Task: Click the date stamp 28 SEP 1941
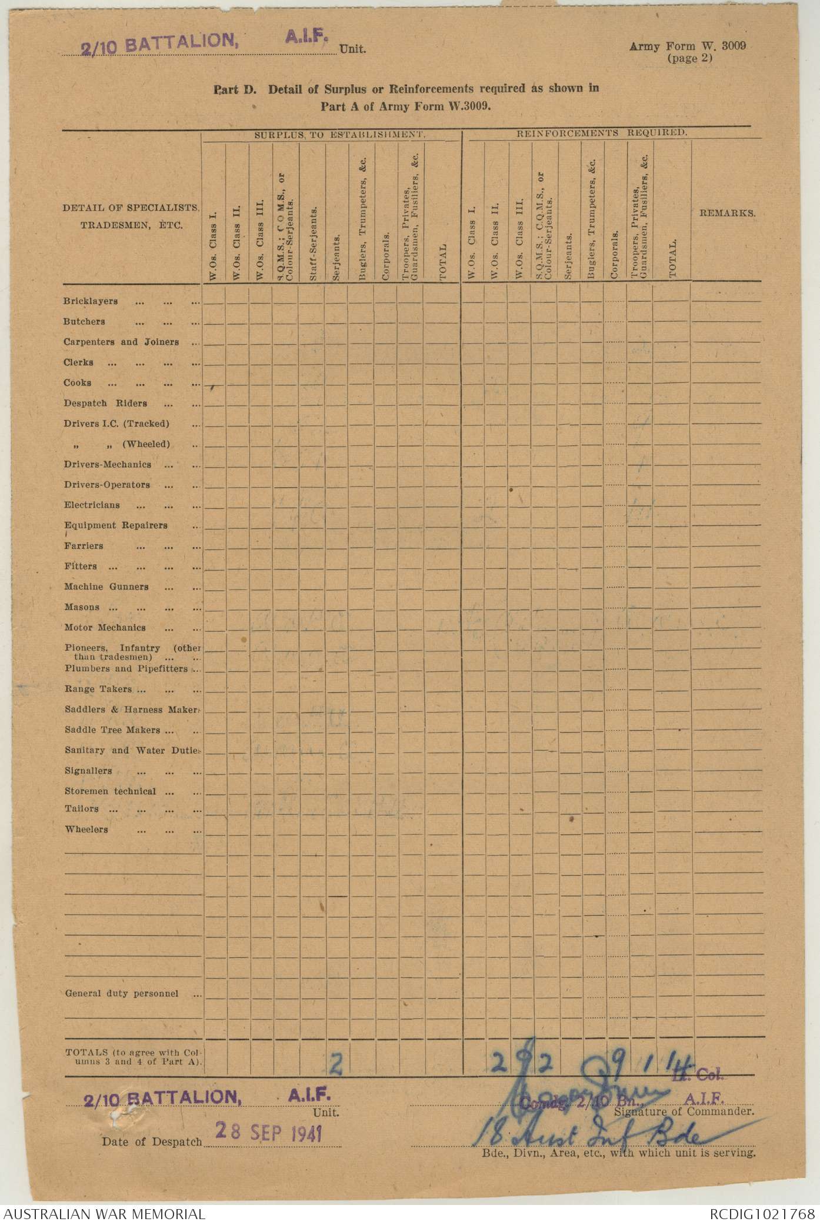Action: [268, 1131]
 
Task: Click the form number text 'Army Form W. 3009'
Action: [687, 46]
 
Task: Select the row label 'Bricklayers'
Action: [91, 301]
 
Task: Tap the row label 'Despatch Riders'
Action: [105, 404]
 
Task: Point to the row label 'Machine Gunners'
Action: [106, 587]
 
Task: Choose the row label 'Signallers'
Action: [88, 771]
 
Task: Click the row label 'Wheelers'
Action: [86, 830]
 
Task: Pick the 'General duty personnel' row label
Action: [122, 994]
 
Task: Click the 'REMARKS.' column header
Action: [727, 213]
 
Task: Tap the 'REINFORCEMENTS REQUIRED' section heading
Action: [601, 133]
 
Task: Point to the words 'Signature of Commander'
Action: [684, 1112]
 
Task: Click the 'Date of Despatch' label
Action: [152, 1142]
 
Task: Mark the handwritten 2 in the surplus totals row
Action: [336, 1064]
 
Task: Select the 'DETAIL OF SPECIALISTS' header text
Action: [131, 208]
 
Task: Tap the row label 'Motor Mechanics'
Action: [105, 628]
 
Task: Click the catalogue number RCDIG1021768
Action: [762, 1214]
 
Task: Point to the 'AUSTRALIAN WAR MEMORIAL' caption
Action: [105, 1214]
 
